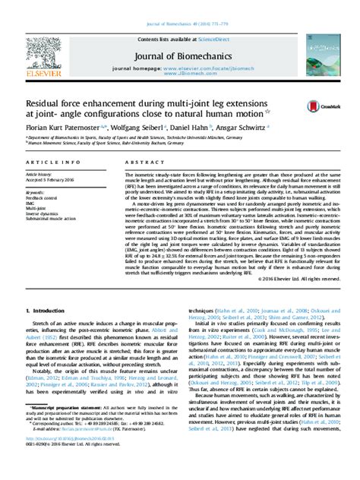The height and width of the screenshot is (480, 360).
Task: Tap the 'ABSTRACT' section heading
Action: click(x=135, y=163)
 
